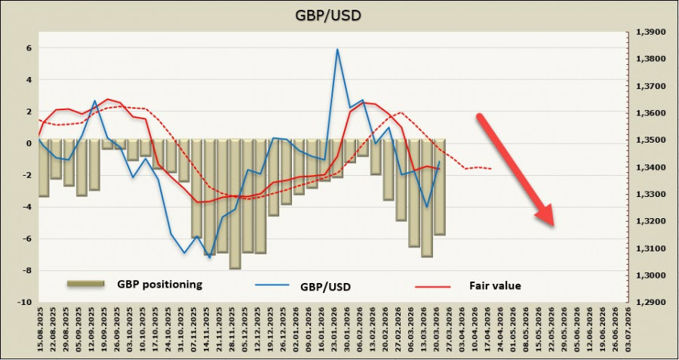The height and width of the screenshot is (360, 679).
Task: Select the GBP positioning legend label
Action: coord(160,285)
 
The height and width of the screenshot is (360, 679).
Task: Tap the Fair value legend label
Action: coord(495,285)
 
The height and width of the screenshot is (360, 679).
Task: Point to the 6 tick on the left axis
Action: coord(29,48)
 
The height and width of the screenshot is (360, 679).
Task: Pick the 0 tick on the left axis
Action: coord(29,143)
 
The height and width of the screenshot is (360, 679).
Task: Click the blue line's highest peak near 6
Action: coord(337,49)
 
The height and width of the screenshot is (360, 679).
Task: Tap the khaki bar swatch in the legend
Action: coord(85,284)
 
